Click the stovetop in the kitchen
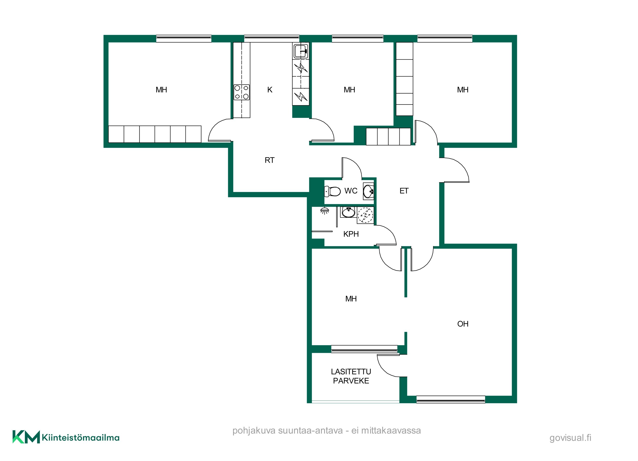pos(242,92)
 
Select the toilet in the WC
pos(332,191)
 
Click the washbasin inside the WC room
pos(369,191)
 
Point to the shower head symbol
pos(325,211)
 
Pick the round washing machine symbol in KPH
pos(366,215)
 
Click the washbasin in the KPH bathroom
pos(348,212)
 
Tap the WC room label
pos(351,191)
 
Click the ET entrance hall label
pos(404,191)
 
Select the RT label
pos(269,160)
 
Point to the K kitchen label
pos(270,90)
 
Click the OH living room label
pos(463,324)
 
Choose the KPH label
pos(351,234)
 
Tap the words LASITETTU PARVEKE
pos(351,376)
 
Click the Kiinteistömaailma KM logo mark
pos(26,437)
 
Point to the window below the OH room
pos(451,399)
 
